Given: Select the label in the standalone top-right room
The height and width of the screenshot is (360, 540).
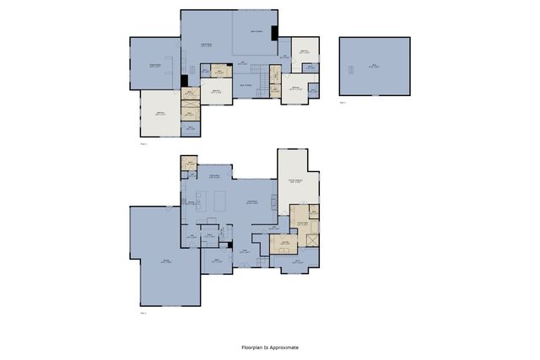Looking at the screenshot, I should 374,66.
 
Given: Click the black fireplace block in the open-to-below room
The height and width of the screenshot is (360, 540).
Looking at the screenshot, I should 274,32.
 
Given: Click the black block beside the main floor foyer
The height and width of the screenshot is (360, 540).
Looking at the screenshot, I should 229,245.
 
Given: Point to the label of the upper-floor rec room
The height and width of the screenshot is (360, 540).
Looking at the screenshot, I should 155,64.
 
